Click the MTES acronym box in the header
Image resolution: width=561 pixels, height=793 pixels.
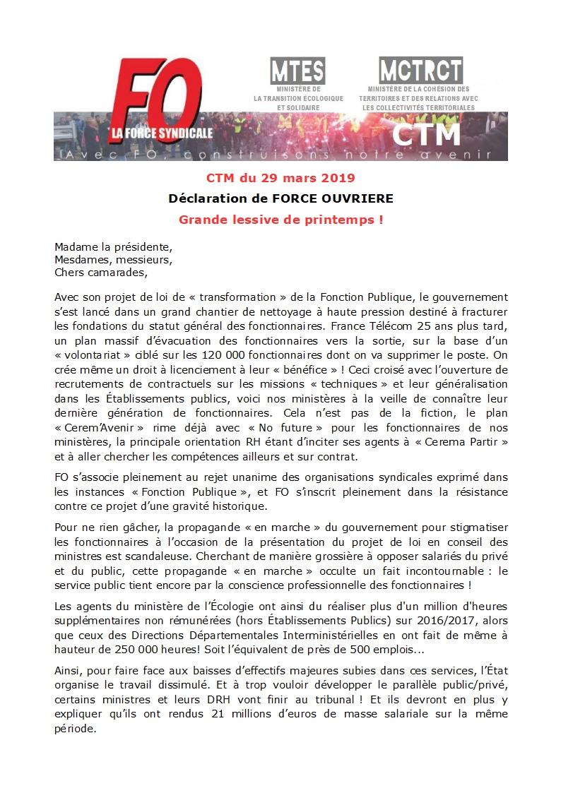tap(297, 71)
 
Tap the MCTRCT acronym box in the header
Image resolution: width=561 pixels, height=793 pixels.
tap(420, 70)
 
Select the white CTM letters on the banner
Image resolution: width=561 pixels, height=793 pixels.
tap(425, 133)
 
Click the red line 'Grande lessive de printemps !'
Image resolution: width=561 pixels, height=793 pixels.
tap(280, 220)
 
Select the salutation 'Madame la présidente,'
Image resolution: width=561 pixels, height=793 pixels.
tap(113, 247)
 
